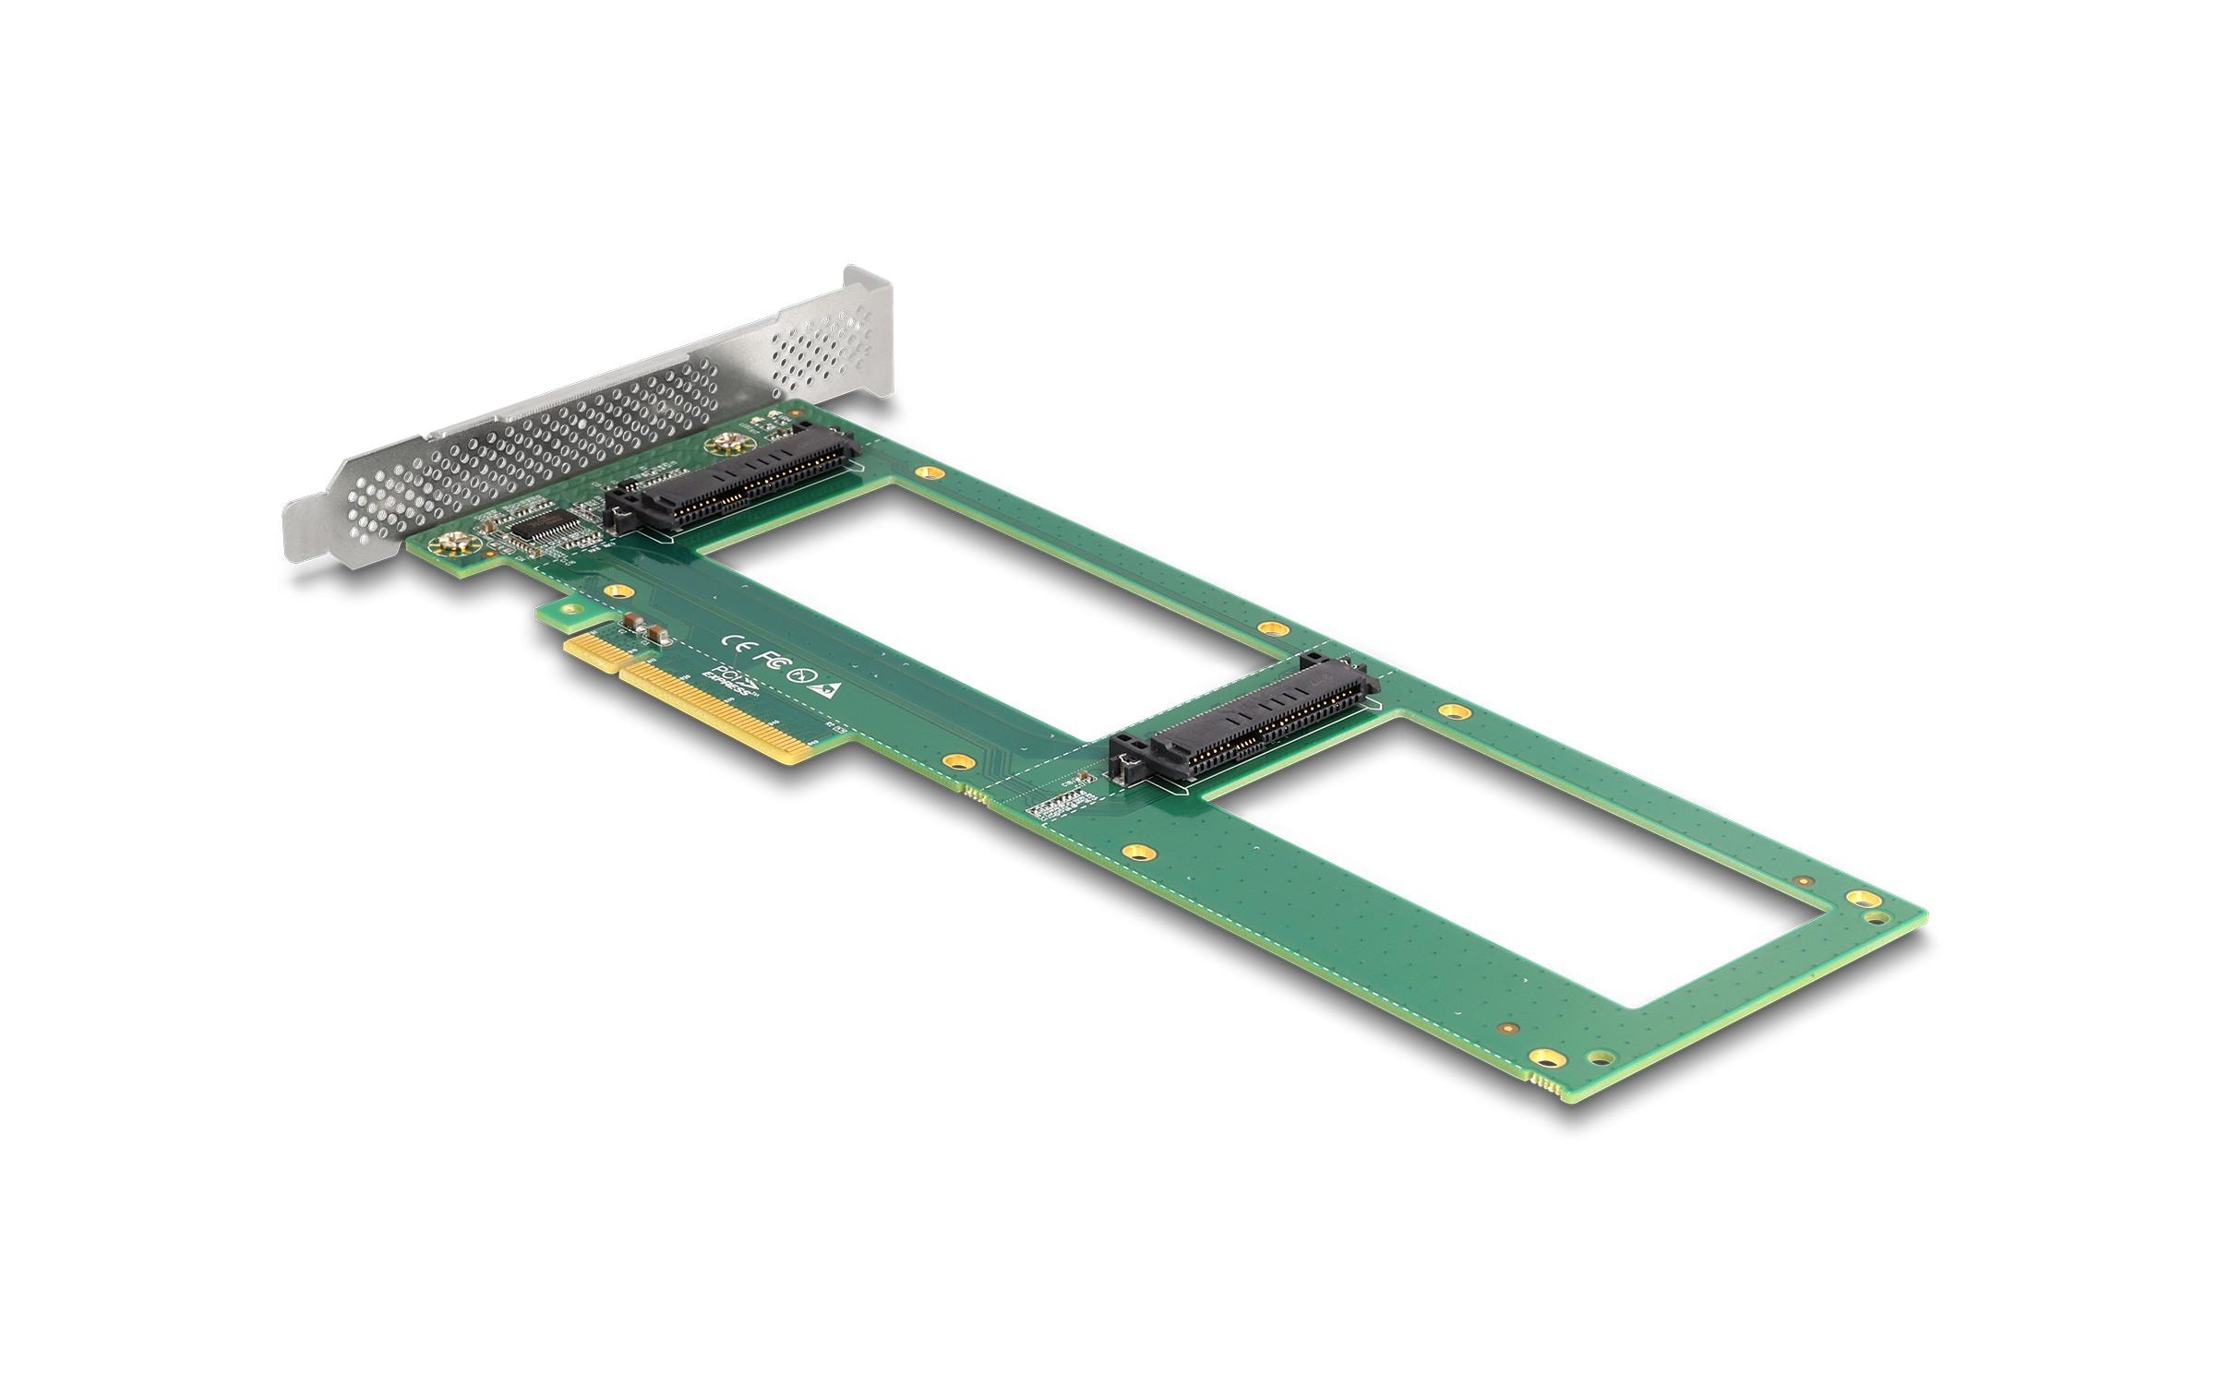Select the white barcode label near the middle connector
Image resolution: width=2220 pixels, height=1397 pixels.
(1061, 806)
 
